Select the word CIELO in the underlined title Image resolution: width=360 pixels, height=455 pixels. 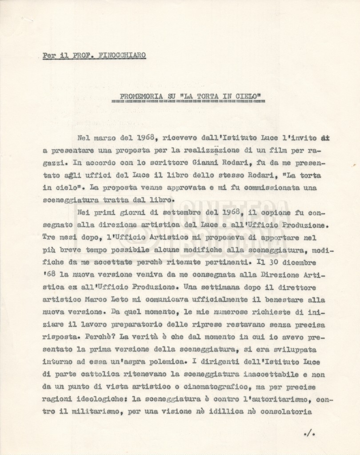tap(248, 96)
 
